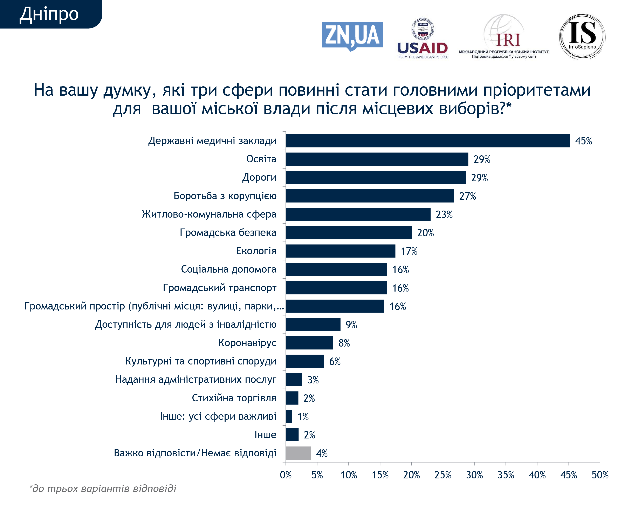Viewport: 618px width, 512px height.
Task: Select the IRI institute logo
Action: point(503,37)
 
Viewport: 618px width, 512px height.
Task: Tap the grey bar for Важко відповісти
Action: point(298,453)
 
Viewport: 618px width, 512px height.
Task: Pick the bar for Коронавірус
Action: point(309,343)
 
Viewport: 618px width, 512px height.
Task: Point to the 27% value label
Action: point(467,196)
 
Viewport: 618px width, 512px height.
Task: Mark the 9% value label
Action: point(351,325)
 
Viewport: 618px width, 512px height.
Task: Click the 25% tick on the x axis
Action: point(443,475)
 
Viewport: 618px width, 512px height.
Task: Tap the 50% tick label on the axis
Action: point(600,475)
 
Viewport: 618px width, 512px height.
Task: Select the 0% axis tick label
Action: point(286,475)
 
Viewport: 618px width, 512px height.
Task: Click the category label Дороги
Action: point(259,177)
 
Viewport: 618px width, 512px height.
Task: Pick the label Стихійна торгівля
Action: point(234,398)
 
